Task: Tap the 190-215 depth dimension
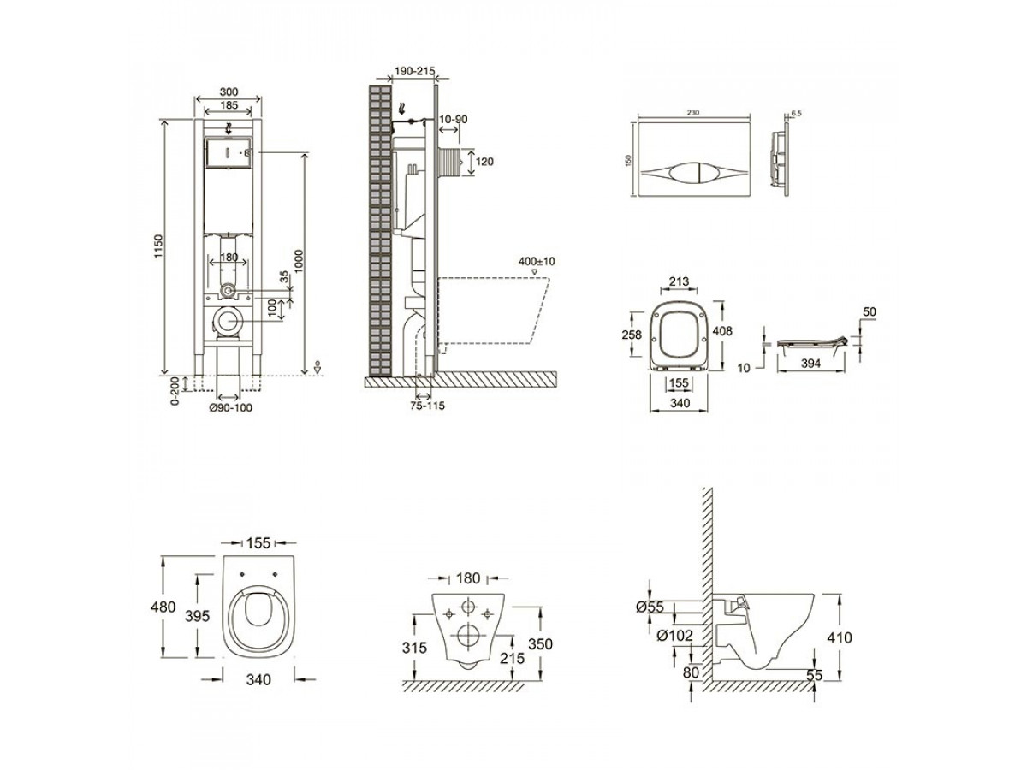point(413,74)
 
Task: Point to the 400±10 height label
point(537,261)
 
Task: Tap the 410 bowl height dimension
point(840,637)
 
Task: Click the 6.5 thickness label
point(796,112)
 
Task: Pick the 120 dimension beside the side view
point(484,162)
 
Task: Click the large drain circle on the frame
point(228,323)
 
